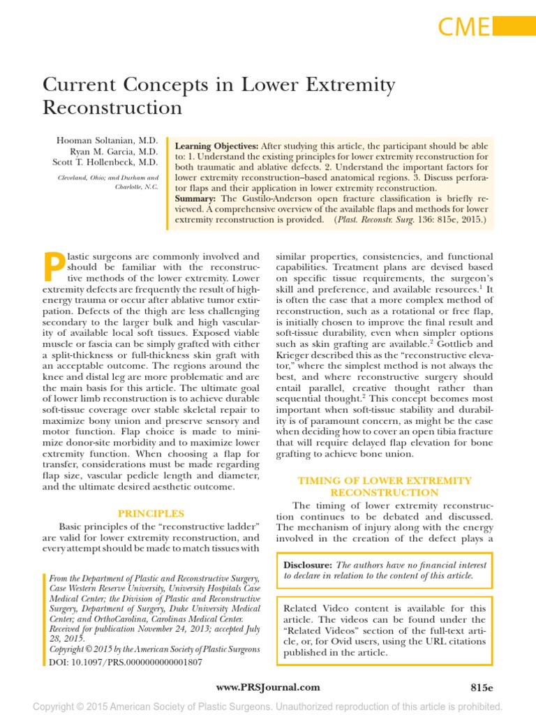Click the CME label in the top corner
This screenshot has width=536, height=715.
[463, 27]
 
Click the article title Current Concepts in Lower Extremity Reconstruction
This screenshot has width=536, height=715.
[218, 96]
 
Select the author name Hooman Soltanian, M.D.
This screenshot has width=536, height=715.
[107, 140]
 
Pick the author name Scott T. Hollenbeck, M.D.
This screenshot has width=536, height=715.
[108, 161]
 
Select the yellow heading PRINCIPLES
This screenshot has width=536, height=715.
[151, 513]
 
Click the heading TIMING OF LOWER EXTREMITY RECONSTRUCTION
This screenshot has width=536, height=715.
[385, 487]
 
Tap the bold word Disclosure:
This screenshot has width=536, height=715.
[308, 564]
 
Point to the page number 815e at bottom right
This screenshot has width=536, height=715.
[482, 687]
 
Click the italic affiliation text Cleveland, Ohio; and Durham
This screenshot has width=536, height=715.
[107, 177]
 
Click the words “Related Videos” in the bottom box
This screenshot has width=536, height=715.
[316, 631]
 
